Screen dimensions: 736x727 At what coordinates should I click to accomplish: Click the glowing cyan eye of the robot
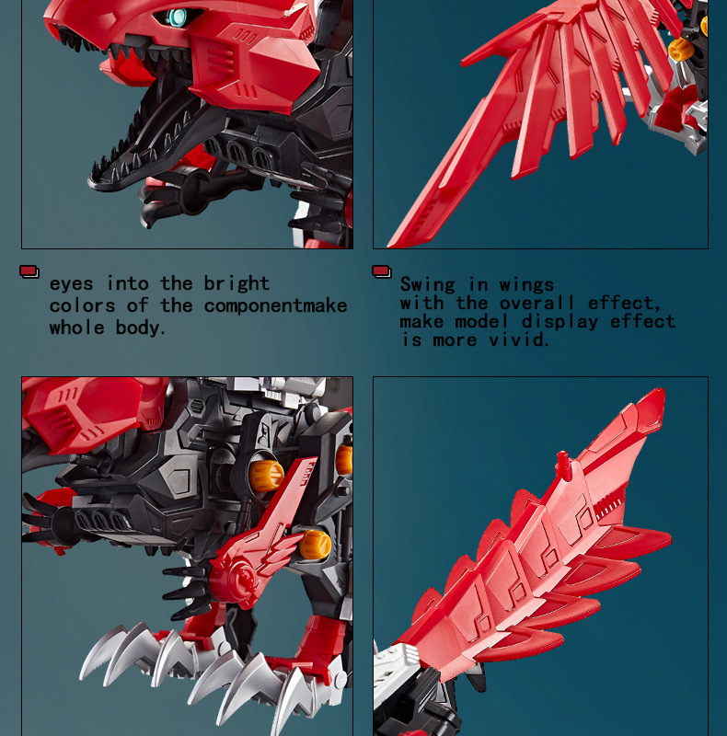174,17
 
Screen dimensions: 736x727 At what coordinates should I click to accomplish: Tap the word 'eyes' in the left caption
72,283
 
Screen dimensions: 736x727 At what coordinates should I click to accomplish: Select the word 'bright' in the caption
237,283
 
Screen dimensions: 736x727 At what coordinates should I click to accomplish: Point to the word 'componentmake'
276,305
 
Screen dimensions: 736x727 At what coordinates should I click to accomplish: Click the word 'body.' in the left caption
142,328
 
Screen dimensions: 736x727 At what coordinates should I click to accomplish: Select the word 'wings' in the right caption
527,284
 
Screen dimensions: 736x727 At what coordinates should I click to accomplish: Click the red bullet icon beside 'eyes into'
29,271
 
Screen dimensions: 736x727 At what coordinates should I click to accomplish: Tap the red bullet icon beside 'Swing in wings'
381,271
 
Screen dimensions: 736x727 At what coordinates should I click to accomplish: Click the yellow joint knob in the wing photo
680,50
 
